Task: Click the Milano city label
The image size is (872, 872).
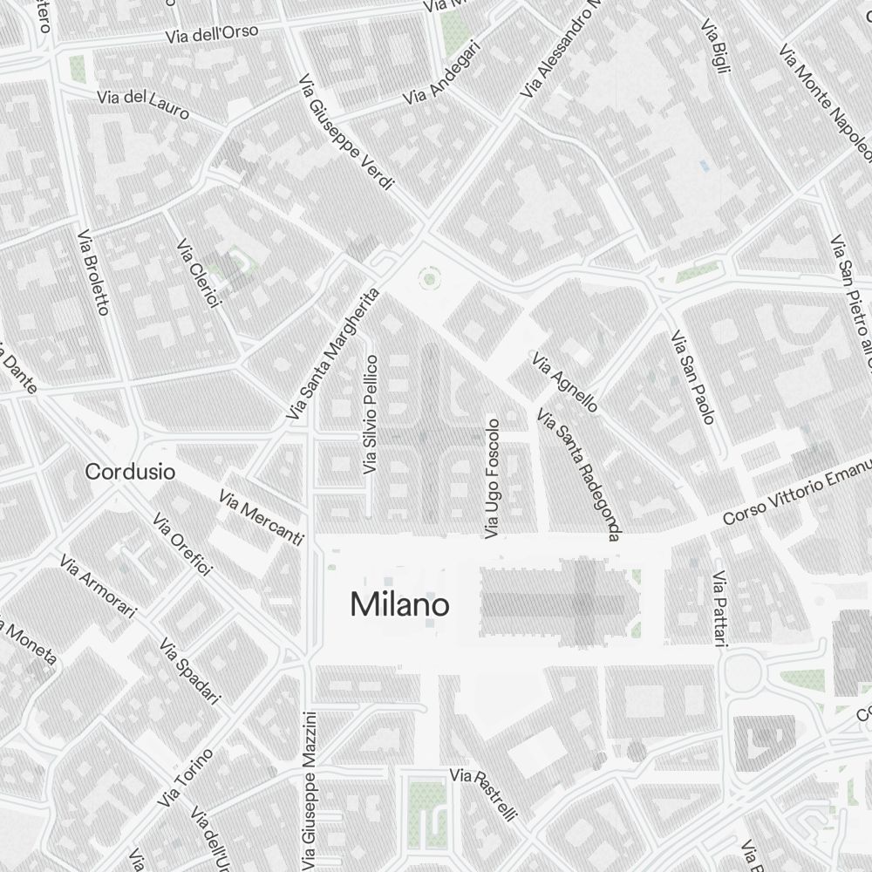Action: coord(399,604)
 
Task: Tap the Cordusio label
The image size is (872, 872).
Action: coord(130,472)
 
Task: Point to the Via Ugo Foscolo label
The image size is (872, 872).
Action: coord(494,478)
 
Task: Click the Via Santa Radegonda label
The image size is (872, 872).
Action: coord(578,474)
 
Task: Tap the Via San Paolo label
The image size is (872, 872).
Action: coord(692,377)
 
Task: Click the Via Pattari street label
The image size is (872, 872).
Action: coord(719,610)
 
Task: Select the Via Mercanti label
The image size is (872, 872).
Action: coord(262,517)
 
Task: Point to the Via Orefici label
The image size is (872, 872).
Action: coord(182,544)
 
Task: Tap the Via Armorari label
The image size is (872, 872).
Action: coord(98,586)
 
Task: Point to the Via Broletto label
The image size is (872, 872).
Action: coord(93,273)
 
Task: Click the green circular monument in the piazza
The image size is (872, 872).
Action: coord(428,279)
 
